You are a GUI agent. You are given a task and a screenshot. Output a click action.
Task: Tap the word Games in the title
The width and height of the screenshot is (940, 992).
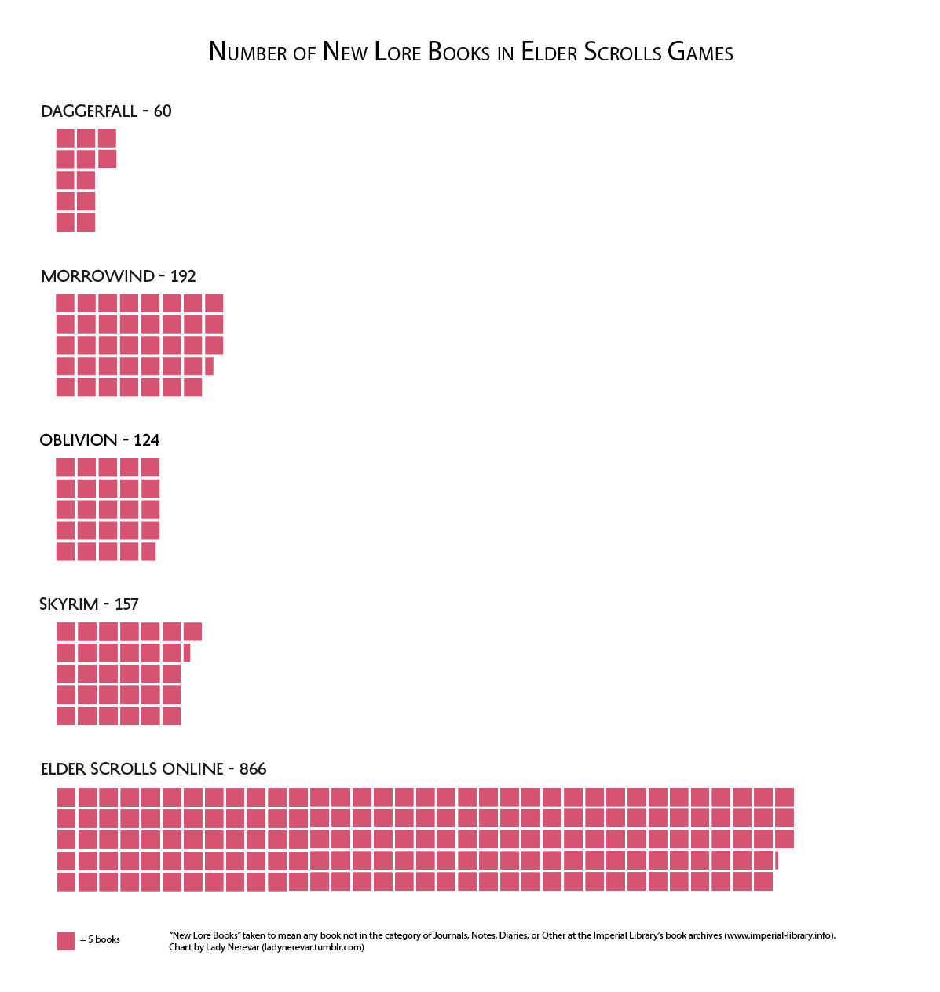point(700,53)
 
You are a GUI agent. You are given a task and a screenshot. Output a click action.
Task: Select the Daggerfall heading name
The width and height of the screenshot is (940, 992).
point(90,111)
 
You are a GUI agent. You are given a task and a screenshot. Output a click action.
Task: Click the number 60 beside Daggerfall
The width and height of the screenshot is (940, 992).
point(163,111)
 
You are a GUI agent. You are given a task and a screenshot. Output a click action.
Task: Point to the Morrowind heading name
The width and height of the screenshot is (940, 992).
point(98,276)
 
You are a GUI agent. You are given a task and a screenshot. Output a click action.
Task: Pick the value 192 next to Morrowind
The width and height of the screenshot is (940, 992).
point(183,276)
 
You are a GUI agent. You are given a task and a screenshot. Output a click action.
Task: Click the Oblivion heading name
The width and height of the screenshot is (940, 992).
point(79,440)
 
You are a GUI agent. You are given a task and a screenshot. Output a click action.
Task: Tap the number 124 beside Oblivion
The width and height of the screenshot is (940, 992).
point(147,440)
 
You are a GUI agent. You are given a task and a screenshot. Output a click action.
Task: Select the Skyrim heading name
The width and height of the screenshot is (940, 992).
point(69,604)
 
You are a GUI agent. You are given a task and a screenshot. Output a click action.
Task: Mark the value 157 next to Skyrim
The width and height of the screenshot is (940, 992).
point(126,604)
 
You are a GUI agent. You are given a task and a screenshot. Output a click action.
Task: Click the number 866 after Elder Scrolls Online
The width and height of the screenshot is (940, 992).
point(253,769)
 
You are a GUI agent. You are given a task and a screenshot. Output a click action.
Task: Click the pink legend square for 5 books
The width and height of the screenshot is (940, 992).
point(66,941)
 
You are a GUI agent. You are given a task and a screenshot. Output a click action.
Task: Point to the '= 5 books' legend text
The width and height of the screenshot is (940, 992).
point(101,940)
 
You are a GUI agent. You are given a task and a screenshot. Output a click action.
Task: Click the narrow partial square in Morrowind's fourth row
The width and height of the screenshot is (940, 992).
point(209,366)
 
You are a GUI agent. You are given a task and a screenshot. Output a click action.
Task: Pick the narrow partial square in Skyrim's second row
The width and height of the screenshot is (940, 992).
point(187,652)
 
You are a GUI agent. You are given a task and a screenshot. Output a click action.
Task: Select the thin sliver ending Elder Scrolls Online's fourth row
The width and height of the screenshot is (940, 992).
point(777,860)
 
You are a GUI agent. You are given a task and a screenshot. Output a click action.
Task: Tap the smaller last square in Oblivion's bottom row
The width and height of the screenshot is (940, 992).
point(148,552)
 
